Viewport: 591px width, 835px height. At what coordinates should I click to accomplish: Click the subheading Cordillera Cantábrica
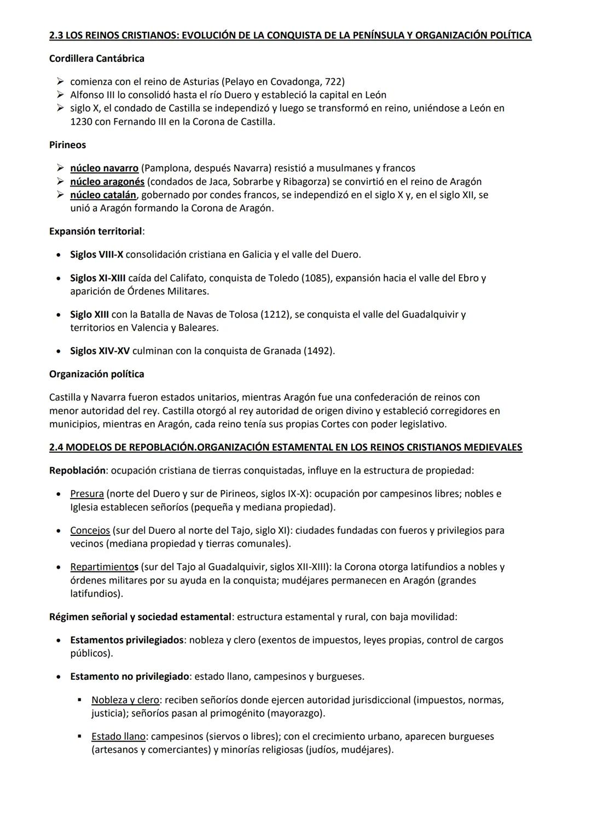click(96, 59)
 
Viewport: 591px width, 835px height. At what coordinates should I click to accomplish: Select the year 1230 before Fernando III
click(81, 121)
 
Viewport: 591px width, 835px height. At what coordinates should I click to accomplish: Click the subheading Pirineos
click(67, 145)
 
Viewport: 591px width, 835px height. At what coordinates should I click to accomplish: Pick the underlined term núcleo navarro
click(104, 168)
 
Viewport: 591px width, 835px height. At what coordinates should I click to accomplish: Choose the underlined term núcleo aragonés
click(107, 182)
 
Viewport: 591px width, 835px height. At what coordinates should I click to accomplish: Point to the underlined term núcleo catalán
click(103, 195)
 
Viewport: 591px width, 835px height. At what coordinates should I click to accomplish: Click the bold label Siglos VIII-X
click(96, 255)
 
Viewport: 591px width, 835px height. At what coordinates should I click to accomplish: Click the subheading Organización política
click(96, 375)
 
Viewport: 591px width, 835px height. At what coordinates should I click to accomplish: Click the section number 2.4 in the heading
click(56, 447)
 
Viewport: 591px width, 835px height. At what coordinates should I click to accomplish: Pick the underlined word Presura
click(87, 494)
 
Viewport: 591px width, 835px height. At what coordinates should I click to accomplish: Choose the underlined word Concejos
click(90, 530)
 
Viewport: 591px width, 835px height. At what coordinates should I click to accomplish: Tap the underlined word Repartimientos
click(104, 567)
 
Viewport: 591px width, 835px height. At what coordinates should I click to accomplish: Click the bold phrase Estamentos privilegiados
click(126, 640)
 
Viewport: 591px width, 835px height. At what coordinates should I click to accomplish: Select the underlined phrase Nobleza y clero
click(125, 700)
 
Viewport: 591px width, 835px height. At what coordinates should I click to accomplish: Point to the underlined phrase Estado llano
click(118, 737)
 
